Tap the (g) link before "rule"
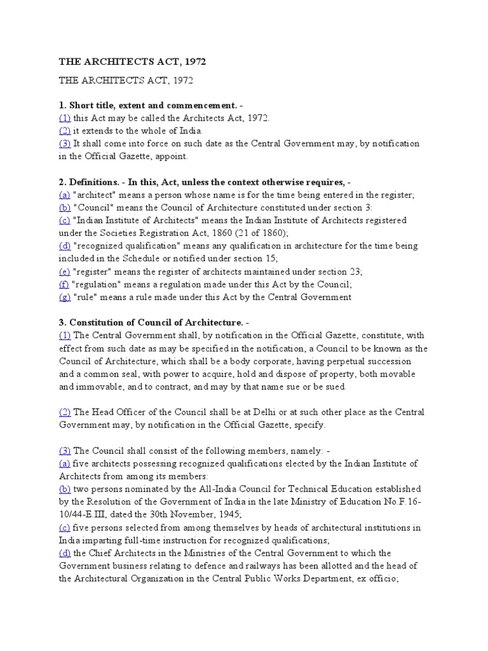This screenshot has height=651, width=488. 64,297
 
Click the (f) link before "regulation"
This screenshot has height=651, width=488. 64,284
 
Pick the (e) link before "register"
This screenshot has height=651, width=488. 64,271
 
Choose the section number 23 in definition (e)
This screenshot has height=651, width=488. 355,271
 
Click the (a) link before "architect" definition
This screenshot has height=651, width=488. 64,195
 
